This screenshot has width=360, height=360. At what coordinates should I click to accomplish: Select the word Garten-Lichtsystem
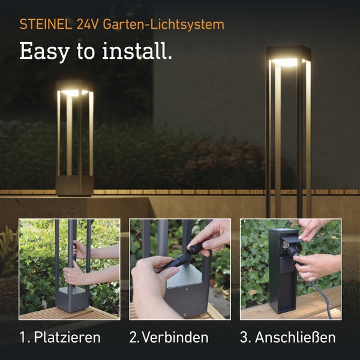tap(163, 25)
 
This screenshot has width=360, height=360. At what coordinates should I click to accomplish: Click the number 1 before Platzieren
tap(23, 337)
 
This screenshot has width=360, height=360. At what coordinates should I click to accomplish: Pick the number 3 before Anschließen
tap(245, 337)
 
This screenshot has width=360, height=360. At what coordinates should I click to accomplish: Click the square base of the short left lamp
tap(74, 185)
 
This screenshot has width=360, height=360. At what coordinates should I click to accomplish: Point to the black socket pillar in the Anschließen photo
tap(280, 282)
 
